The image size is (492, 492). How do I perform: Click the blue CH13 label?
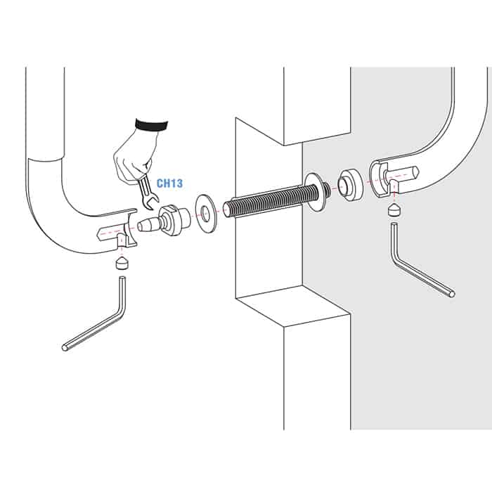coord(169,183)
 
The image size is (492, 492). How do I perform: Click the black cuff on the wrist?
coord(151,125)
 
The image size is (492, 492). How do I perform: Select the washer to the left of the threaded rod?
coord(205,214)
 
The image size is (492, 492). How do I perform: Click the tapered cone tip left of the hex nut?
coord(148,225)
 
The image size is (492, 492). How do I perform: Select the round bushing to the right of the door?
coord(350,184)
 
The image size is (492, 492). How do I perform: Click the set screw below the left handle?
coord(121,263)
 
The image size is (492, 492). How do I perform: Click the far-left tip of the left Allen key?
coord(64,348)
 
